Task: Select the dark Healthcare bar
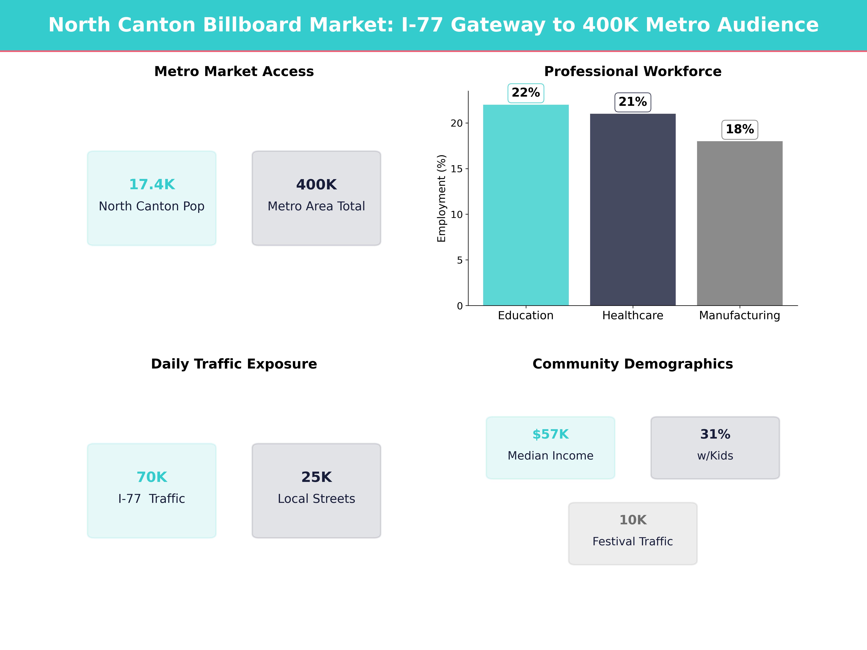tap(633, 210)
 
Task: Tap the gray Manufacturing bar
tap(740, 223)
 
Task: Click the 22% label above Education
tap(526, 93)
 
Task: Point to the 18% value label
tap(740, 129)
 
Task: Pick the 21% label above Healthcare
tap(633, 102)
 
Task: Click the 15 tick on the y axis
tap(457, 169)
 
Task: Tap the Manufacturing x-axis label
tap(740, 315)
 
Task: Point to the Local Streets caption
tap(316, 499)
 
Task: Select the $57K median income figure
tap(550, 434)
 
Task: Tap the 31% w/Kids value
tap(715, 434)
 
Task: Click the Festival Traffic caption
tap(633, 541)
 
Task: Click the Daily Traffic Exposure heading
tap(234, 364)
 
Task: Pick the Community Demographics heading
tap(633, 364)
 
